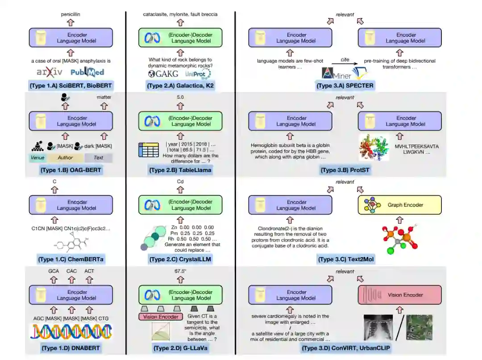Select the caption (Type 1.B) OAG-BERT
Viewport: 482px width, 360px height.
(x=71, y=170)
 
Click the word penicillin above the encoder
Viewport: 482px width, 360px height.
(x=71, y=14)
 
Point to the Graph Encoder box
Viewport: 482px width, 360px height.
(x=399, y=205)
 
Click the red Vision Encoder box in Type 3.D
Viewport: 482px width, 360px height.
(x=399, y=295)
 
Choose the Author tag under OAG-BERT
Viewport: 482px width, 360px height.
(x=65, y=158)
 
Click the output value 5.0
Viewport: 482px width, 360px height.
(x=180, y=97)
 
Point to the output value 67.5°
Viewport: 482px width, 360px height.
(x=180, y=271)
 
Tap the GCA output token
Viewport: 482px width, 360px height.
(x=54, y=271)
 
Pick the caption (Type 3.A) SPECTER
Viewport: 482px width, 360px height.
(x=345, y=85)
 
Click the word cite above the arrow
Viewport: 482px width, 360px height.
(x=344, y=59)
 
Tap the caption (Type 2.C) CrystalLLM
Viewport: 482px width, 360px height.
(x=180, y=259)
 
